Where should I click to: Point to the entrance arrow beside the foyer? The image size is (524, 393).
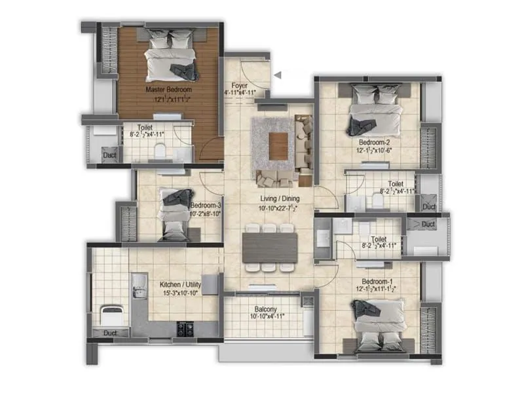tap(278, 75)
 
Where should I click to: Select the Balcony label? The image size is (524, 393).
tap(265, 309)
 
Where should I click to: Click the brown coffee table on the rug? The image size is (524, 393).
tap(279, 145)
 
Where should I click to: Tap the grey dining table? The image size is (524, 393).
tap(269, 248)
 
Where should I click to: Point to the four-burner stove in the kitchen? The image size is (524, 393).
tap(185, 327)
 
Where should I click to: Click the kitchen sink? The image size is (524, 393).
tap(139, 284)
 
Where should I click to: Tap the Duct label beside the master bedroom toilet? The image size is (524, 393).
tap(109, 155)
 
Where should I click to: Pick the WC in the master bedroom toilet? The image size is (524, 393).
tap(157, 153)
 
